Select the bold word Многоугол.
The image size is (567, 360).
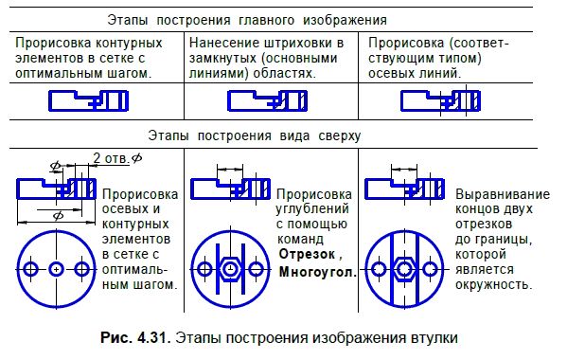[315, 272]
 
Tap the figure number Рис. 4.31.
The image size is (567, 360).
[150, 336]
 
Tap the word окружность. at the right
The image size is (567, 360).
[494, 283]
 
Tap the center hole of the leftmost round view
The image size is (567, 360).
[57, 269]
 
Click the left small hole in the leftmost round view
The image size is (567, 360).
[32, 269]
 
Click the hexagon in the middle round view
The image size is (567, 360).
[230, 269]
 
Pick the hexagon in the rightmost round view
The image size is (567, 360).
[405, 269]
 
